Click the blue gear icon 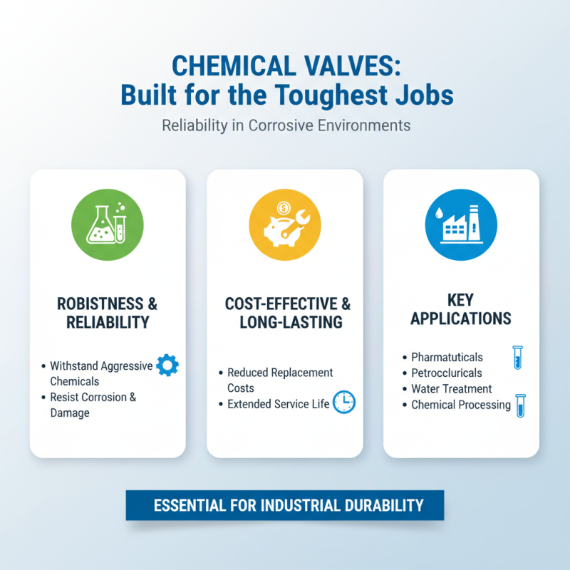pos(167,366)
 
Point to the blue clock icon pos(343,402)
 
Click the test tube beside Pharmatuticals pos(518,357)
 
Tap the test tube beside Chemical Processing pos(520,405)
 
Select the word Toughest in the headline pos(338,95)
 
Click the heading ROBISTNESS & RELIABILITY pos(108,313)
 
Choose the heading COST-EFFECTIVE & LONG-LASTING pos(284,313)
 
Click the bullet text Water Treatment pos(452,389)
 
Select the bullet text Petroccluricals pos(447,373)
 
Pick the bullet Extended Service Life pos(279,404)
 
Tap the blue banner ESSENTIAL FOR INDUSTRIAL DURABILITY pos(285,505)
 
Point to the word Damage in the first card pos(70,413)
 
